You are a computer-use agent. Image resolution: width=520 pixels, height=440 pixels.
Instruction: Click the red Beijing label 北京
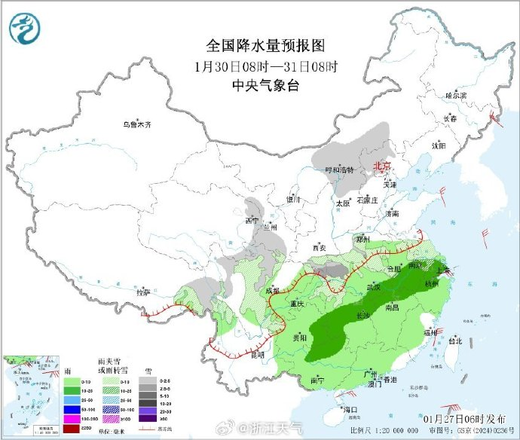[x=384, y=166]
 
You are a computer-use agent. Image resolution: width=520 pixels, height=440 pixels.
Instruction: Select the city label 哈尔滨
[x=456, y=96]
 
